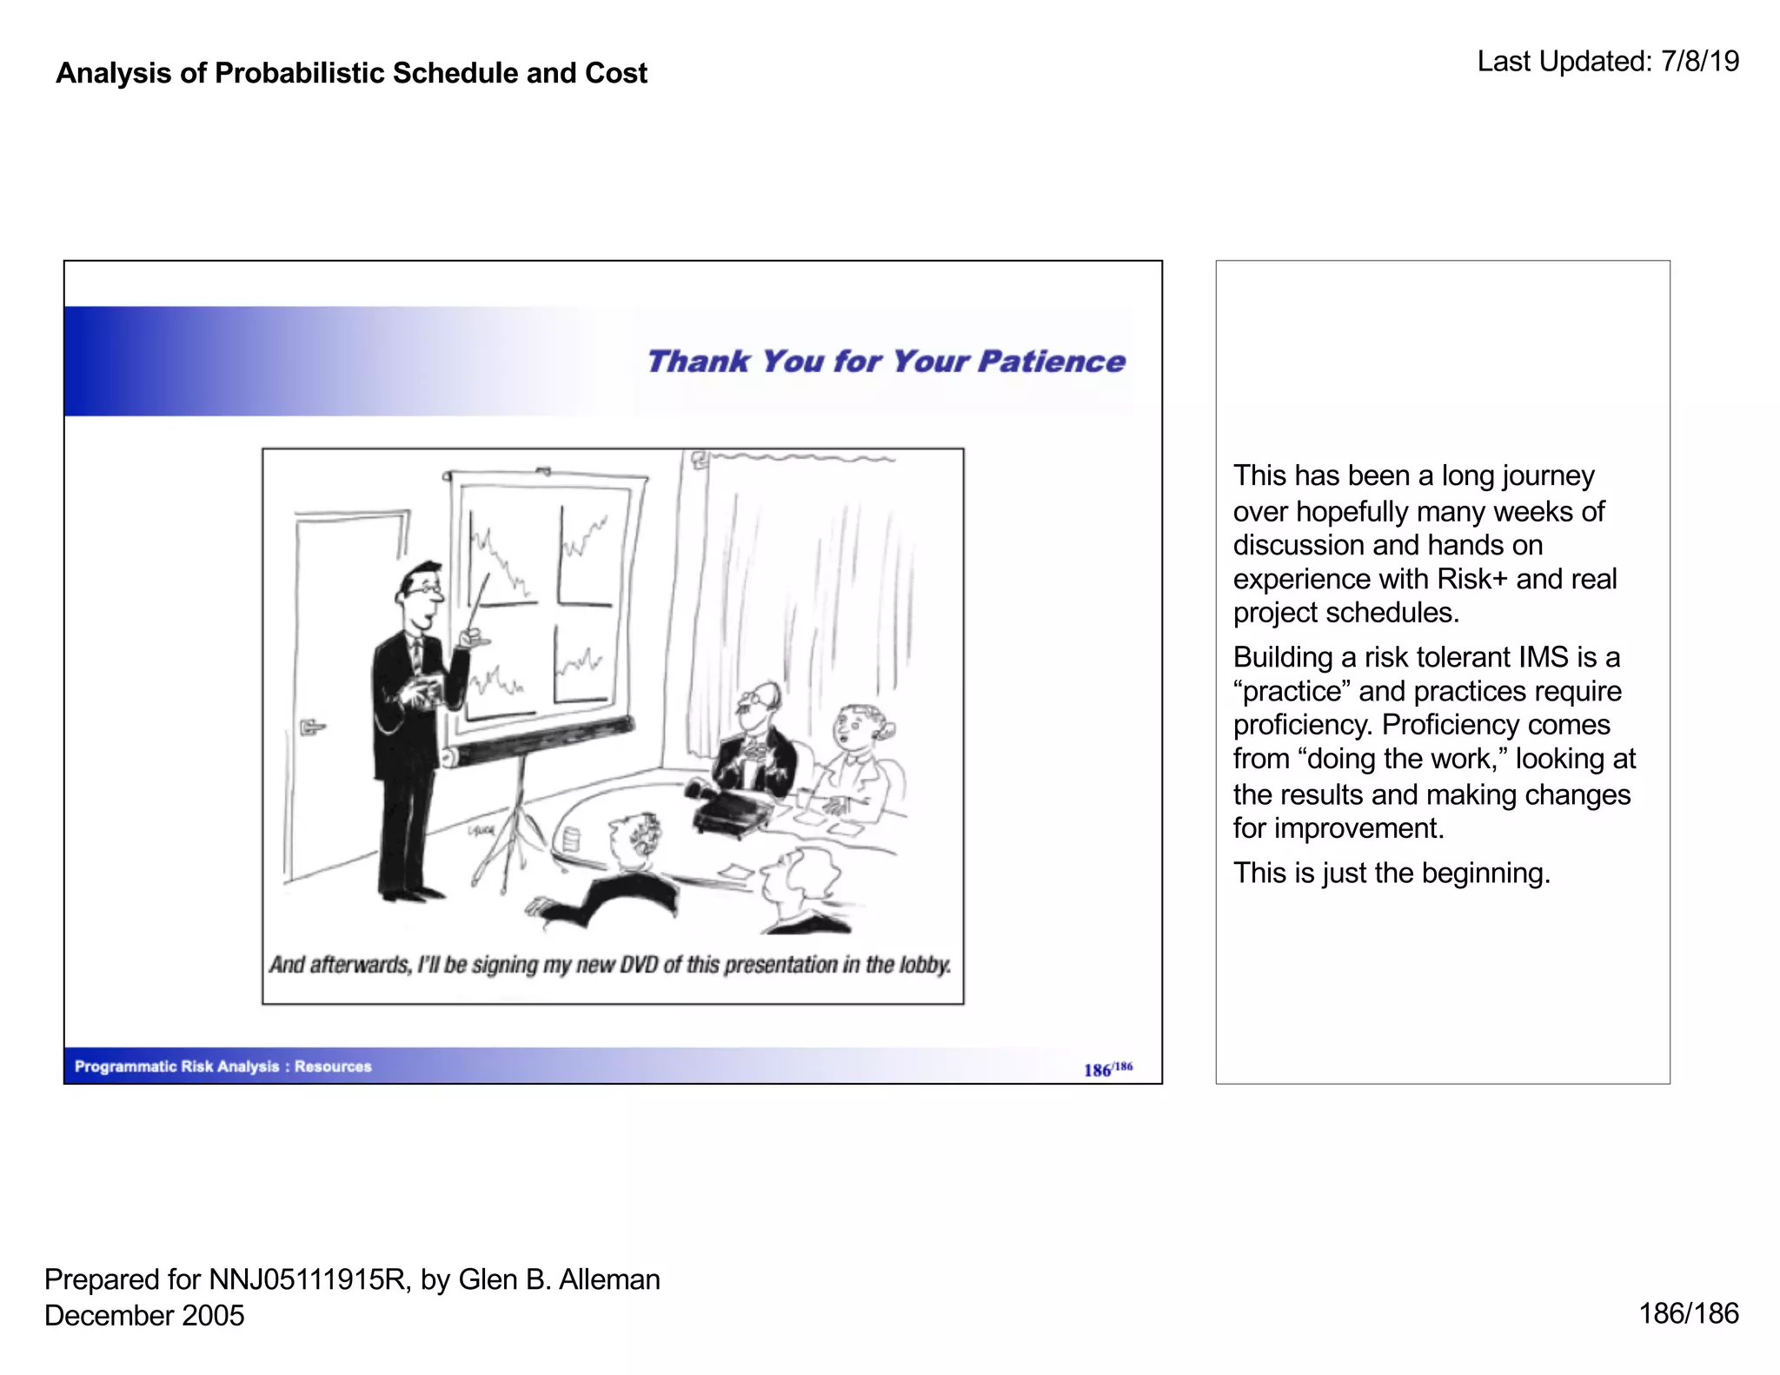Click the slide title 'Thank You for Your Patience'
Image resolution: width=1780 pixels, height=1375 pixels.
pyautogui.click(x=886, y=362)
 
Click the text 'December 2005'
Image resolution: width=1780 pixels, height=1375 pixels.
pyautogui.click(x=144, y=1316)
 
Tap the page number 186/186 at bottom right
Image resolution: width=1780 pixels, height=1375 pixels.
pyautogui.click(x=1688, y=1313)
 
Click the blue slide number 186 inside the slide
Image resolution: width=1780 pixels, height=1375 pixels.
pyautogui.click(x=1097, y=1070)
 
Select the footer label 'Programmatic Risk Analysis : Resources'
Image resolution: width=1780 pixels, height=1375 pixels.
pyautogui.click(x=222, y=1066)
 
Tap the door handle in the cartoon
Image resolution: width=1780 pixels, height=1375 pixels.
pyautogui.click(x=311, y=726)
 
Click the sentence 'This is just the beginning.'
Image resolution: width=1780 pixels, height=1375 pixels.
pyautogui.click(x=1391, y=873)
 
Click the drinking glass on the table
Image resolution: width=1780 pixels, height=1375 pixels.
pyautogui.click(x=571, y=840)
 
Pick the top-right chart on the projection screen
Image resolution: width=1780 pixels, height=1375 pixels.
pyautogui.click(x=585, y=554)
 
